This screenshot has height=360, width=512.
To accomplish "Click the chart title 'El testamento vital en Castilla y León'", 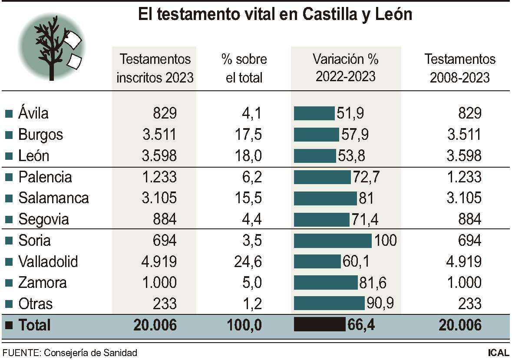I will [x=275, y=15].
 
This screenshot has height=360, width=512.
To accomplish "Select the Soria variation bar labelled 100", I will [x=333, y=241].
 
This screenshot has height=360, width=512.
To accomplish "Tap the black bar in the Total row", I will [x=320, y=325].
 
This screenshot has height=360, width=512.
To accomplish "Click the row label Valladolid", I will [x=48, y=262].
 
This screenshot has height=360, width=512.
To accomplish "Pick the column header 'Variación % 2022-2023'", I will [x=345, y=68].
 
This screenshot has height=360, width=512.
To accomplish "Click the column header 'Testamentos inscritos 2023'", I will [x=155, y=68].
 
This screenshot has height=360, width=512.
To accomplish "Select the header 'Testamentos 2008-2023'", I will [x=459, y=68].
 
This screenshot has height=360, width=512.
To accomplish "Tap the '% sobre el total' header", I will [x=244, y=68].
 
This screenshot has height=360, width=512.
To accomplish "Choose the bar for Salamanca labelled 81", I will [x=325, y=198].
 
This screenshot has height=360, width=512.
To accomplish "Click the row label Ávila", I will [x=33, y=113].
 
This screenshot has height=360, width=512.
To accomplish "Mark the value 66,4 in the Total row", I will [x=362, y=325].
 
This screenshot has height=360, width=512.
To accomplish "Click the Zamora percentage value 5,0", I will [x=251, y=283].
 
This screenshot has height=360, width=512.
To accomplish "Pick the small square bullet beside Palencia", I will [x=8, y=178].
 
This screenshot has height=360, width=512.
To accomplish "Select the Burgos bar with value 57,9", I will [x=316, y=135].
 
